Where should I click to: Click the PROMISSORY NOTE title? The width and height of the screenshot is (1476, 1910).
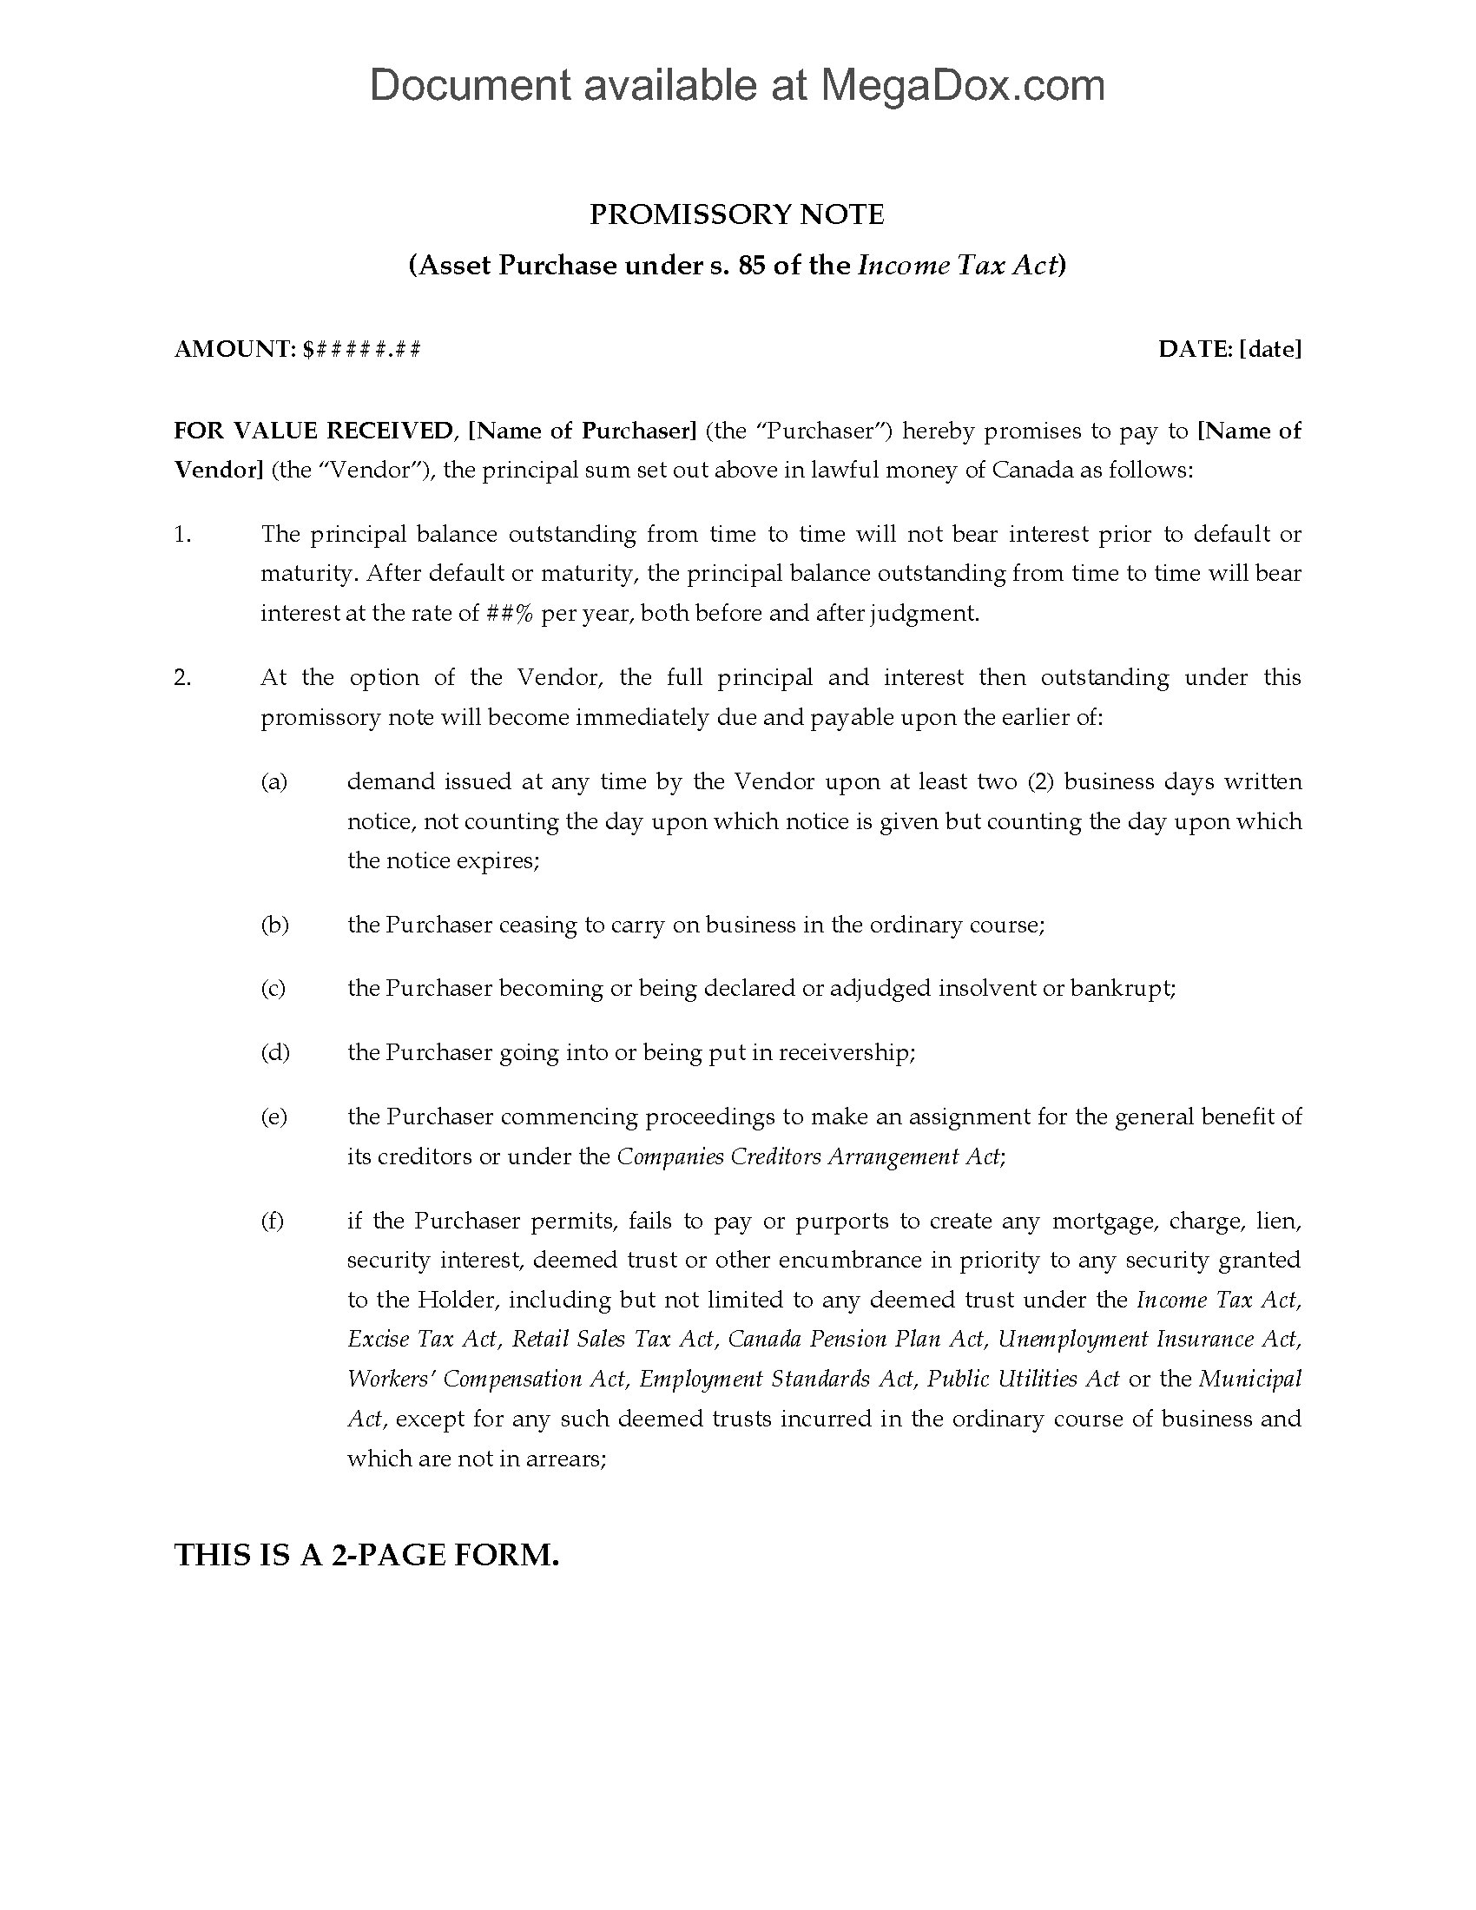click(x=736, y=214)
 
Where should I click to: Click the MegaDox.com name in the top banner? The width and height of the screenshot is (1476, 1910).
click(x=961, y=86)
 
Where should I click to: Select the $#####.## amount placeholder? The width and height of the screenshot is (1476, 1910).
click(x=361, y=349)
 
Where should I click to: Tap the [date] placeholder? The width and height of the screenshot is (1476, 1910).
click(x=1269, y=349)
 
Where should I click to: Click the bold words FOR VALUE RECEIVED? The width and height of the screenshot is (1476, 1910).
click(x=313, y=431)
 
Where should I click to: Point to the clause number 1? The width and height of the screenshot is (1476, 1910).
click(x=181, y=534)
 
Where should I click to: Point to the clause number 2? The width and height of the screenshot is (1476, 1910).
click(x=181, y=678)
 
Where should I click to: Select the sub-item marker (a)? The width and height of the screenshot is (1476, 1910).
click(x=273, y=782)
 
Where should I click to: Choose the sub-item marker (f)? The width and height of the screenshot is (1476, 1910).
click(x=272, y=1221)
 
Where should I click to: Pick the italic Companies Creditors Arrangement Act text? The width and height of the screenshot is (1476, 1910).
click(x=809, y=1156)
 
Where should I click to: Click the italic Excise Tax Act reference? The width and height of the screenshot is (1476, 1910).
click(x=421, y=1339)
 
